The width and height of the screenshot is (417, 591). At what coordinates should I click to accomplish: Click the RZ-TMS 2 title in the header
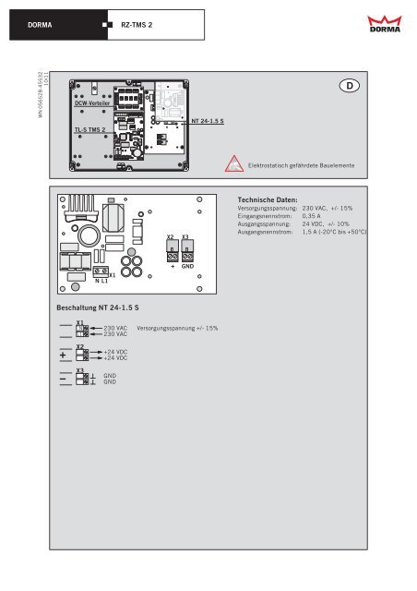137,22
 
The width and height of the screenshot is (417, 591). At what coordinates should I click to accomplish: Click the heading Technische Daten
267,199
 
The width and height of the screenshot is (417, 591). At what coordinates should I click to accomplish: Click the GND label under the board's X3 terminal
186,266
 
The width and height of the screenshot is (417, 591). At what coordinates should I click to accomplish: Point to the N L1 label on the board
101,281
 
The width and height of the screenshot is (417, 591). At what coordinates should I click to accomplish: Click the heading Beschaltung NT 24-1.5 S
99,306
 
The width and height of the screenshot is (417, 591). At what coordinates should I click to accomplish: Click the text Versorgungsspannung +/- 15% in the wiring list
176,328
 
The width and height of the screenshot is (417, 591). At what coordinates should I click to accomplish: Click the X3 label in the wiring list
80,370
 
